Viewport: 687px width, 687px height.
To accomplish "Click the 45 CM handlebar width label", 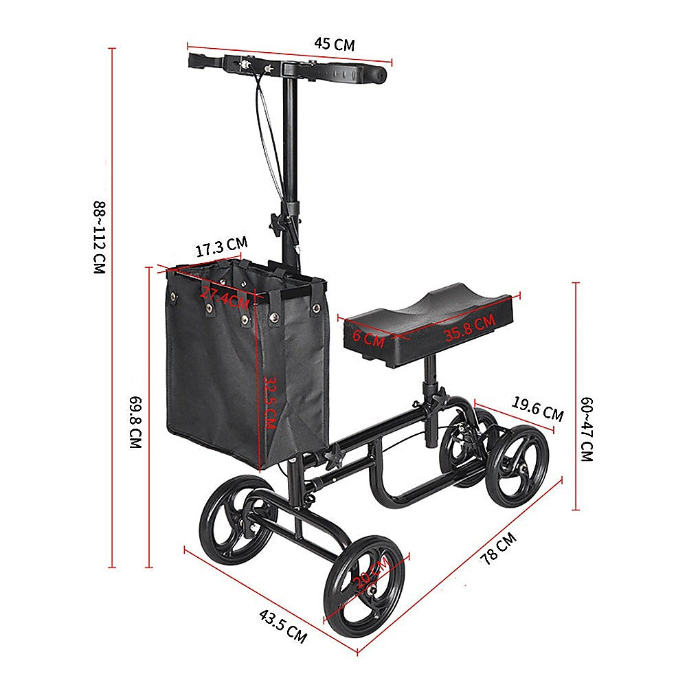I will tap(335, 45).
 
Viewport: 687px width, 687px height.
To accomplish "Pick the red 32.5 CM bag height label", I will tap(269, 401).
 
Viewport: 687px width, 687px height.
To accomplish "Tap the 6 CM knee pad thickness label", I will tap(369, 337).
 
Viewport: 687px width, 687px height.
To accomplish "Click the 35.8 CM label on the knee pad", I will tap(469, 328).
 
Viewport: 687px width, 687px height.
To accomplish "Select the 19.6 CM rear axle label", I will tap(538, 410).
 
